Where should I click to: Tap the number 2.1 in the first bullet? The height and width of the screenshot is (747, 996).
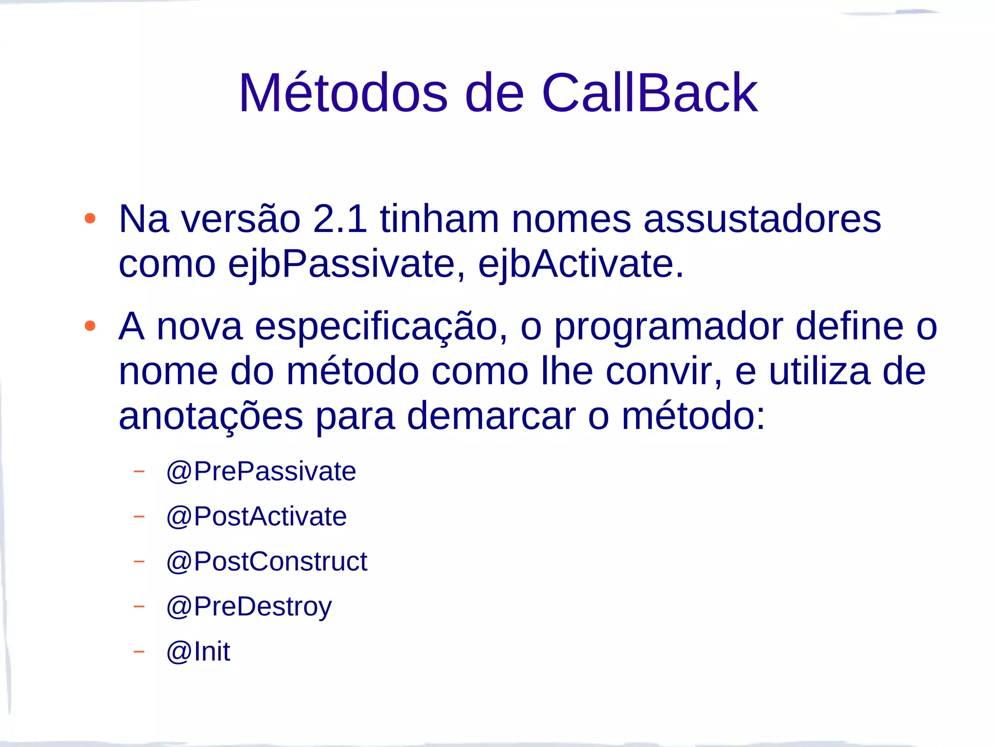coord(340,219)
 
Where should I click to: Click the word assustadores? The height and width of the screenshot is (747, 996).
coord(762,219)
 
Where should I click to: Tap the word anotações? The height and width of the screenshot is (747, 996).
coord(211,416)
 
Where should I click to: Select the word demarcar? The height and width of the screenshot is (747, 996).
coord(491,416)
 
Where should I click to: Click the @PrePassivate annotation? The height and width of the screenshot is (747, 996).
coord(261,471)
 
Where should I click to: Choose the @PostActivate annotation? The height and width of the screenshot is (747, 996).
coord(256,516)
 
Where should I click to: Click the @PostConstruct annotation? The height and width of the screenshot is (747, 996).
coord(267,562)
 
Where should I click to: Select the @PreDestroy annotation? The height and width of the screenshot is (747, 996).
coord(249,607)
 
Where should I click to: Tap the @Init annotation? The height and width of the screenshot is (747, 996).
coord(198,652)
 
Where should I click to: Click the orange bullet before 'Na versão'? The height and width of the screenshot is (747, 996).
coord(90,218)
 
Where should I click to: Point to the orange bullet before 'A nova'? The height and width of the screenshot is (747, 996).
coord(90,326)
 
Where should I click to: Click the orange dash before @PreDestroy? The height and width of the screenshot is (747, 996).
coord(139,606)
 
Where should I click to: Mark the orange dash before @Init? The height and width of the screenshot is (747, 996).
coord(139,651)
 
